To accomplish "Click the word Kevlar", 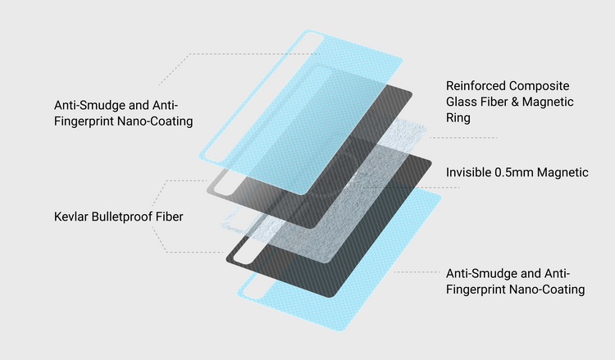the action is coord(71,216).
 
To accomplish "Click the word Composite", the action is coord(539,86).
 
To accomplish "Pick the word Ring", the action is coord(458,118).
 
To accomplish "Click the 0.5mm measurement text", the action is coord(514,172).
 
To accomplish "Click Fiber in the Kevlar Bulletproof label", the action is coord(169,216).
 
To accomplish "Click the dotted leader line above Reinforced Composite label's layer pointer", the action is coord(463,138).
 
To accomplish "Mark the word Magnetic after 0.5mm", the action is coord(563,172).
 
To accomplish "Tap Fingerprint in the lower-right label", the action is coord(476,289).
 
